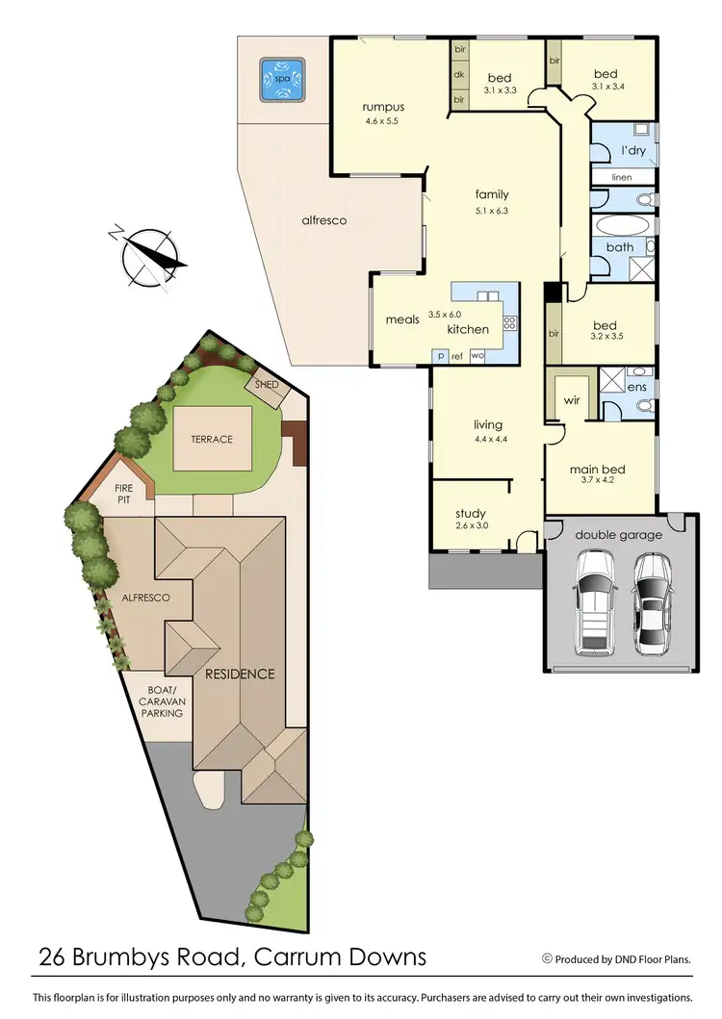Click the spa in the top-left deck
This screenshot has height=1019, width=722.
(x=282, y=79)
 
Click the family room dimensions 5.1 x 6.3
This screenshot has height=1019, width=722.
(x=491, y=211)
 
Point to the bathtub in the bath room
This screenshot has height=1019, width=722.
(x=623, y=226)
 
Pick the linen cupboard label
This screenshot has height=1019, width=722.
(x=621, y=177)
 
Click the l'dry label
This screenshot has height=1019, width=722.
(x=632, y=151)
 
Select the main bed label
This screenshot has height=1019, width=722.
(x=597, y=470)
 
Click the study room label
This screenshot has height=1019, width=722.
(x=471, y=513)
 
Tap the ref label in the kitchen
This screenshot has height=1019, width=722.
(x=457, y=356)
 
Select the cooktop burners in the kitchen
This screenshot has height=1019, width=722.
(x=510, y=324)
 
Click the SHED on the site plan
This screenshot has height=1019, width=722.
(x=267, y=385)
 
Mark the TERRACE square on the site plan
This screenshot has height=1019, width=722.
(x=212, y=439)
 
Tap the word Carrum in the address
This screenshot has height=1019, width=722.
(x=295, y=957)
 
